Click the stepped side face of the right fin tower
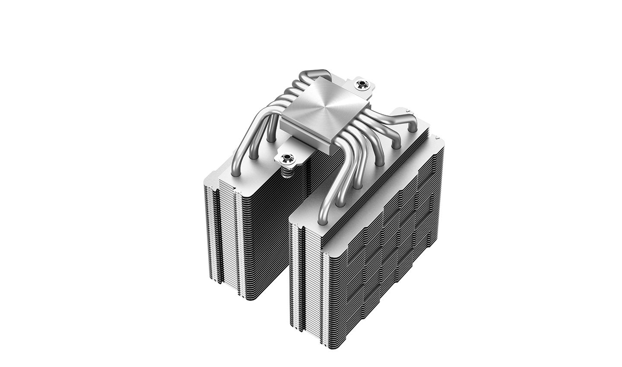pyautogui.click(x=389, y=242)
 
